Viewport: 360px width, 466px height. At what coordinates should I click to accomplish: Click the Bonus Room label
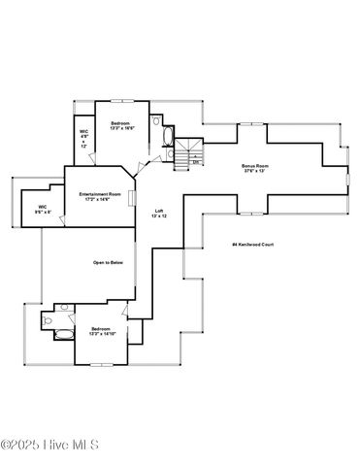point(254,166)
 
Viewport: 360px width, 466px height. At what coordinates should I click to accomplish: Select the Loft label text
point(159,211)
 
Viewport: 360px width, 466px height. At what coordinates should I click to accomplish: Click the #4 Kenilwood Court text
point(253,245)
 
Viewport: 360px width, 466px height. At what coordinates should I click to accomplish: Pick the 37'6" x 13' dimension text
point(254,172)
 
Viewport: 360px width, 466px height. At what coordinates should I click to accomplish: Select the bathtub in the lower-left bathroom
point(60,335)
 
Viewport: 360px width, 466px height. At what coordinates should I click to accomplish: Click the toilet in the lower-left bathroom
point(49,317)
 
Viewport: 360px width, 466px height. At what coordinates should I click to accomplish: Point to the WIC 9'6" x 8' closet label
point(43,209)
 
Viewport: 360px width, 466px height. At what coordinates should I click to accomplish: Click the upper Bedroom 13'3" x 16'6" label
point(120,126)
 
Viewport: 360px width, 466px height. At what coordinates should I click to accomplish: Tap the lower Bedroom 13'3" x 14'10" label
point(103,331)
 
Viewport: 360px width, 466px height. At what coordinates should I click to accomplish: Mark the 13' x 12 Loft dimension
point(159,216)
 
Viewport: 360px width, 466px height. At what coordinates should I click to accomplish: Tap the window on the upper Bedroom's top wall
point(121,100)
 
